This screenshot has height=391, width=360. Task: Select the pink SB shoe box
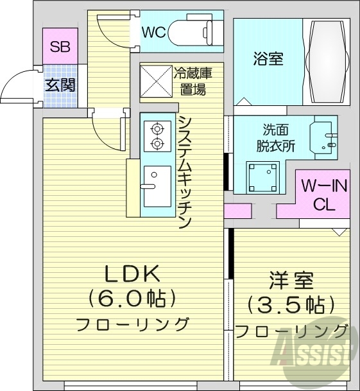pyautogui.click(x=61, y=47)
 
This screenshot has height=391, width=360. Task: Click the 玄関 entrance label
pyautogui.click(x=60, y=84)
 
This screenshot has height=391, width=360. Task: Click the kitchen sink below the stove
pyautogui.click(x=157, y=186)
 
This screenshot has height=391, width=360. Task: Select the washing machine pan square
pyautogui.click(x=264, y=175)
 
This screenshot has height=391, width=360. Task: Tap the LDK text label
pyautogui.click(x=132, y=274)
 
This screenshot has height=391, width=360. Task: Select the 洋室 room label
pyautogui.click(x=290, y=281)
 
